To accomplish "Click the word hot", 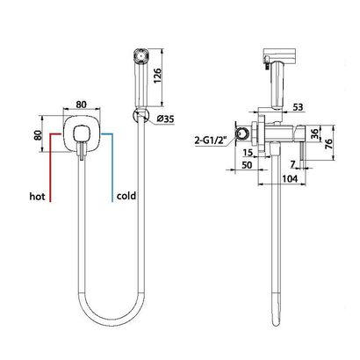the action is click(37, 197).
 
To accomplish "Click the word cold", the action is click(126, 196).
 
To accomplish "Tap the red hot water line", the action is click(51, 167).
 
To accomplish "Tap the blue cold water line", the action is click(112, 167).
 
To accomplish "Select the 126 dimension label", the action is click(157, 76).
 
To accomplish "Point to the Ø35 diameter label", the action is click(165, 119).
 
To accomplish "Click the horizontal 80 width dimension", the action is click(82, 104).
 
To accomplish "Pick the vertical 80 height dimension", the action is click(39, 135).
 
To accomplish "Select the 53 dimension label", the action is click(298, 107).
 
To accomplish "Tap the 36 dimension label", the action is click(314, 133).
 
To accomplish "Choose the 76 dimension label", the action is click(328, 143).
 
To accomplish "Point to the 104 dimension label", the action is click(290, 178).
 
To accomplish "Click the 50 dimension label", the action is click(247, 165).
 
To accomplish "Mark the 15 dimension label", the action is click(248, 153).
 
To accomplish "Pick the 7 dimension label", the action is click(293, 164).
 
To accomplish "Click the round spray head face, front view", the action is click(141, 55).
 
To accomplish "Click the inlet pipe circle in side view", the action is click(242, 134).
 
